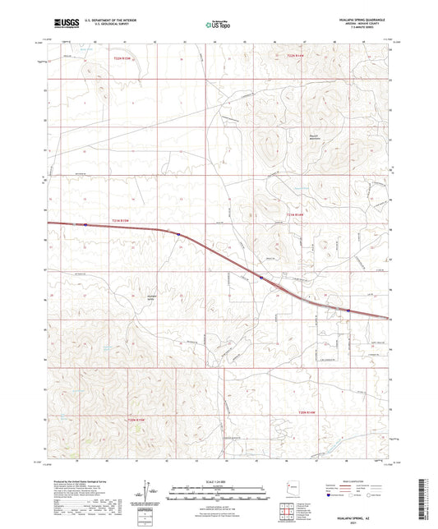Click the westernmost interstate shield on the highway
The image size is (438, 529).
coord(85,224)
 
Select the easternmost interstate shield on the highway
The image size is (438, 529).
coord(348,310)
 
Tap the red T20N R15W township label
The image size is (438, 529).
coord(136,419)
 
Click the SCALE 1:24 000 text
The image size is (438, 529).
coord(219,481)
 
